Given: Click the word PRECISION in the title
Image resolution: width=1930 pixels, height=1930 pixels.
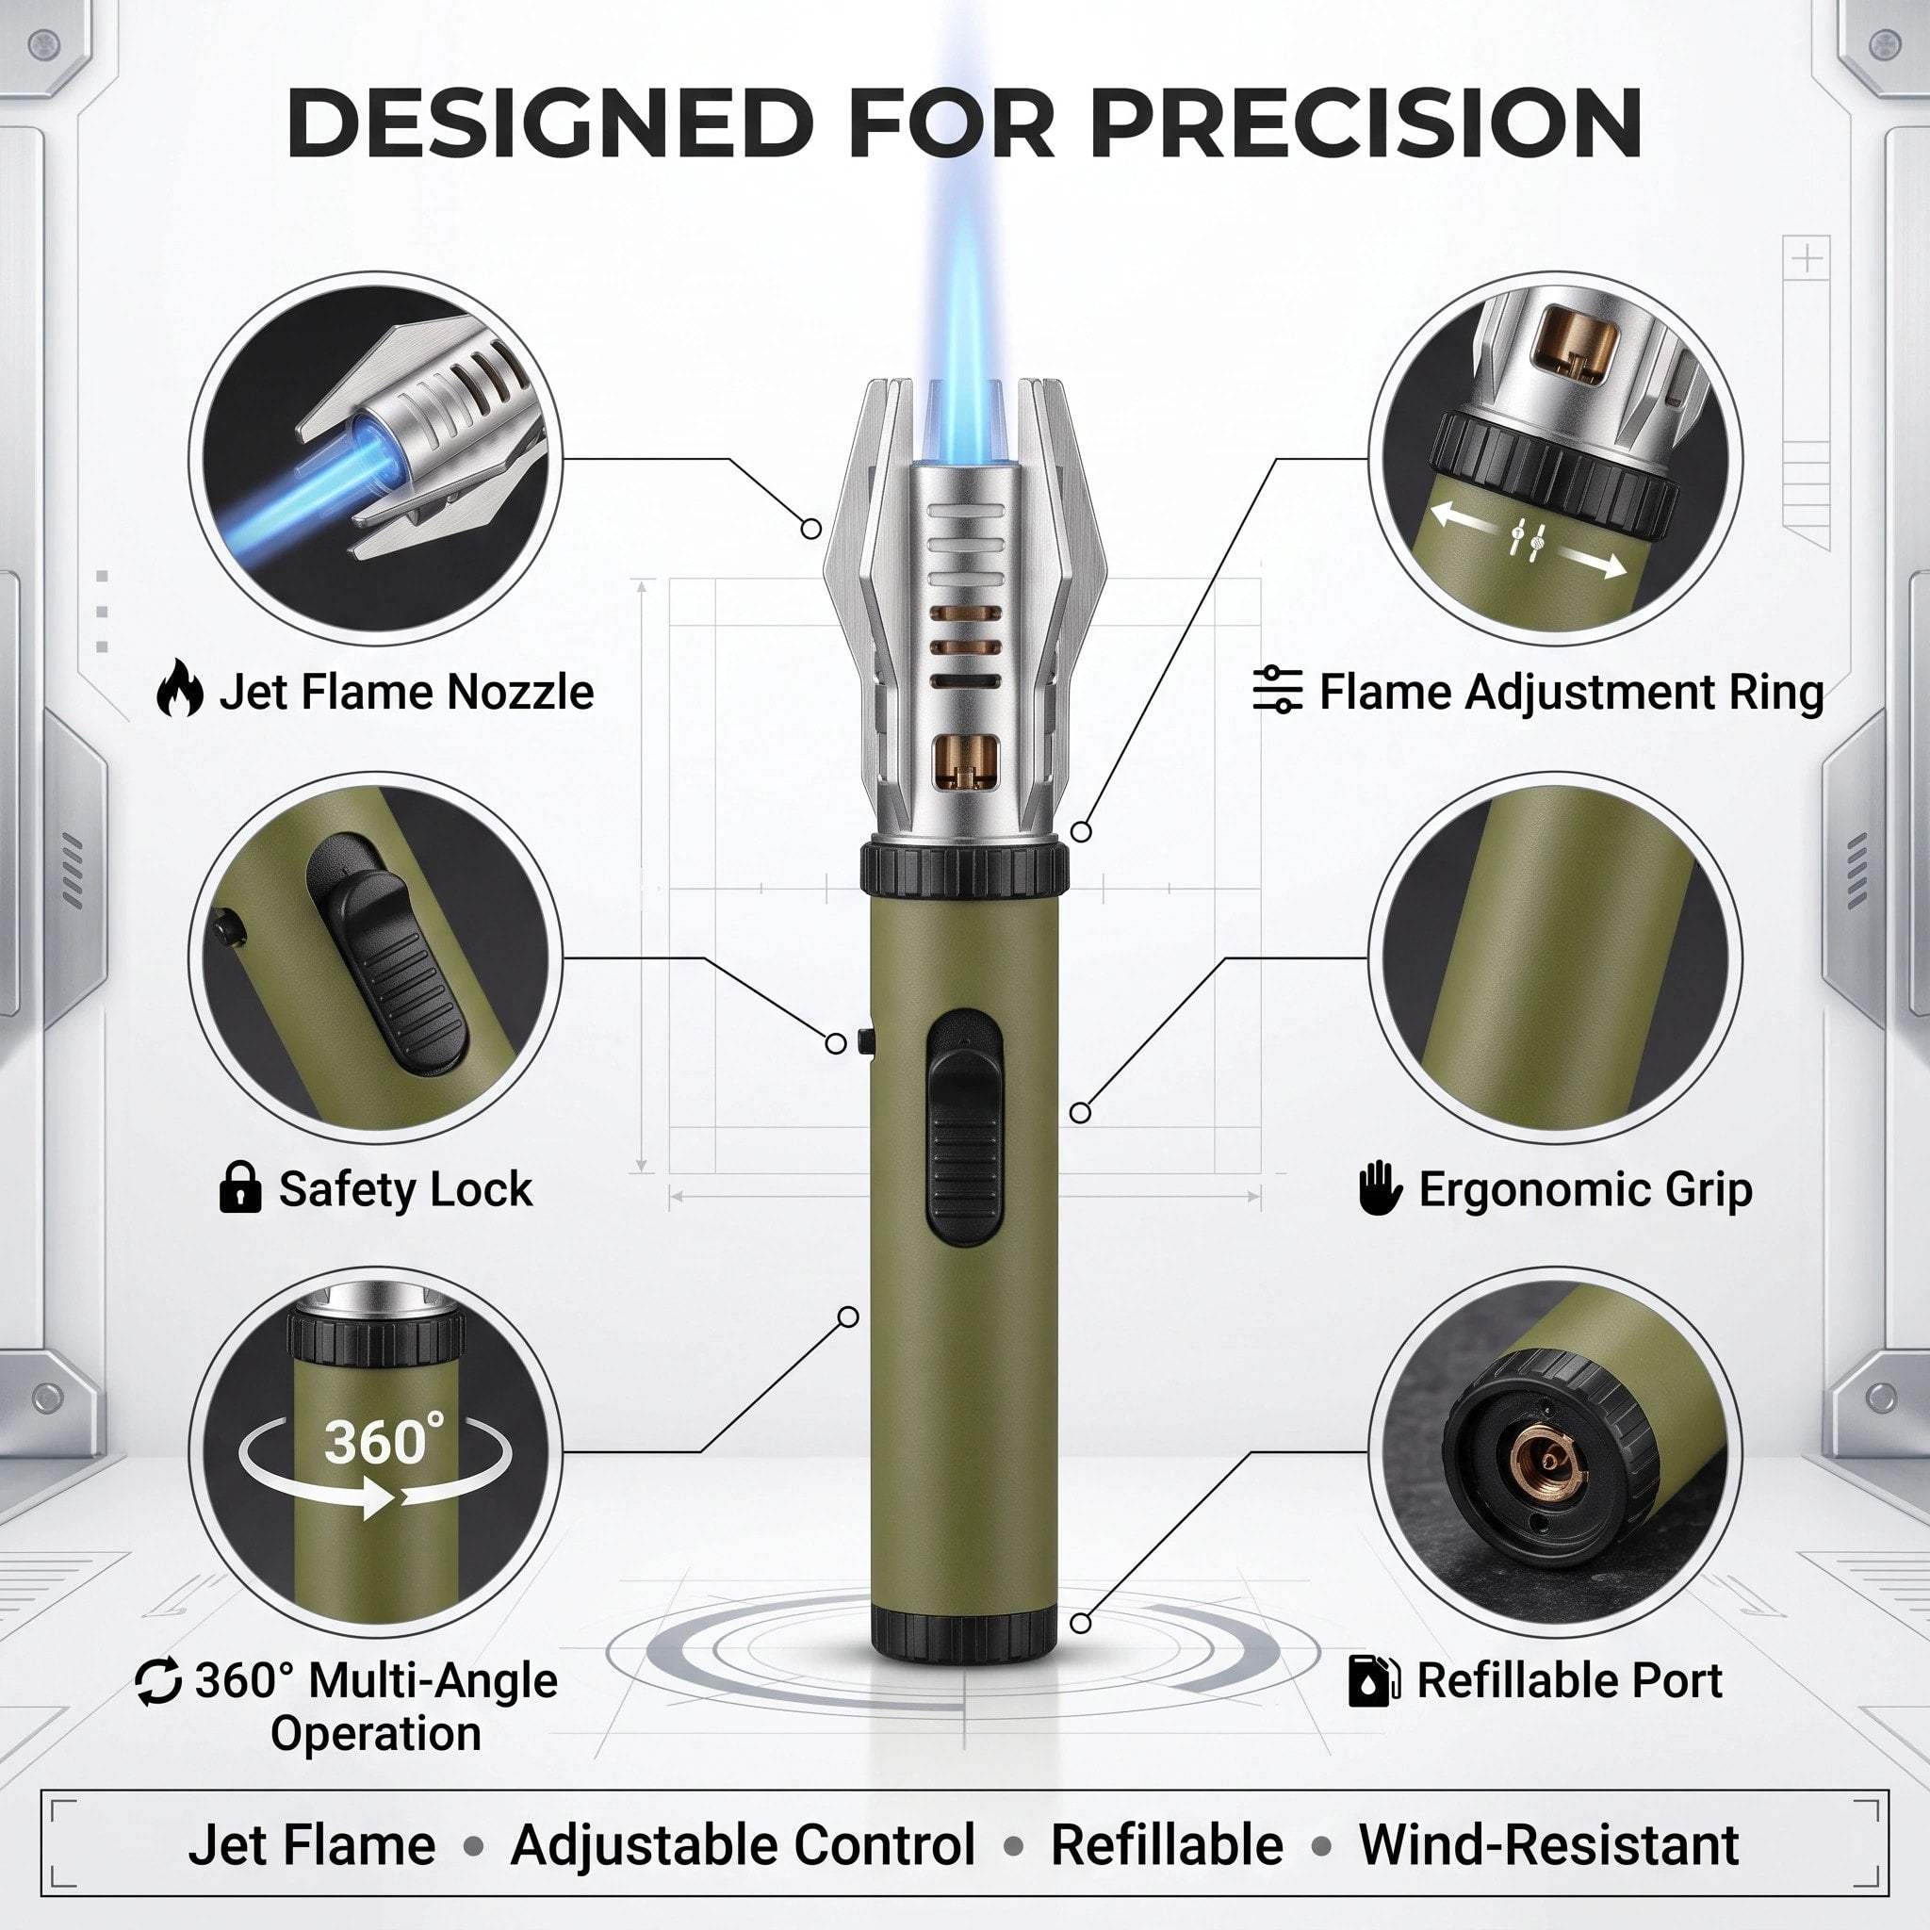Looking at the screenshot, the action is point(1366,122).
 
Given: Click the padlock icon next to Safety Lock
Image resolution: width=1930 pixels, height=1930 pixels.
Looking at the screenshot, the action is point(239,1186).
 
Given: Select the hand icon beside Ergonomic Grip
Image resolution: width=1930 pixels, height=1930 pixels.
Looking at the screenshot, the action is point(1381,1186).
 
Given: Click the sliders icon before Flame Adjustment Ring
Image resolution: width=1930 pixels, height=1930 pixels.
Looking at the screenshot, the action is point(1277,689).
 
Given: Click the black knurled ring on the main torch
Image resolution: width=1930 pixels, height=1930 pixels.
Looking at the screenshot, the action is point(965,869).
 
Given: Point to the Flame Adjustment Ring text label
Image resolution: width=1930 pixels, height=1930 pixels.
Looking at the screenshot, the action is point(1571,692).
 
